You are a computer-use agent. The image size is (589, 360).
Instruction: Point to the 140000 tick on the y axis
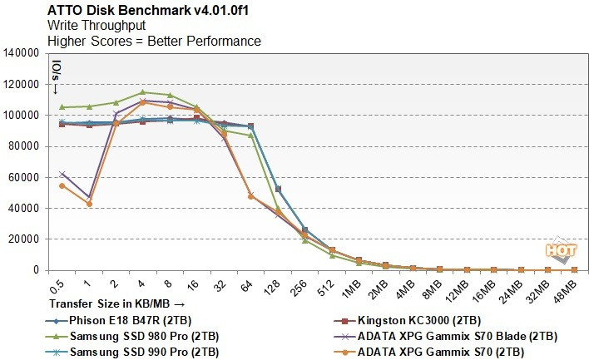23,53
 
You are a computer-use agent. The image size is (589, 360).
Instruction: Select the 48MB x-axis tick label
575,292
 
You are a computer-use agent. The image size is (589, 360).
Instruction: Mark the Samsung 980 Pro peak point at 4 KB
142,92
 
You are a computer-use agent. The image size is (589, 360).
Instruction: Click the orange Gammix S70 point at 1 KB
89,204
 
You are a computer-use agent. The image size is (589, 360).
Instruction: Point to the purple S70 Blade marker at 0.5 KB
62,174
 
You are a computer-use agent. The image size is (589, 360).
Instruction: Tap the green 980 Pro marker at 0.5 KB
62,107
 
